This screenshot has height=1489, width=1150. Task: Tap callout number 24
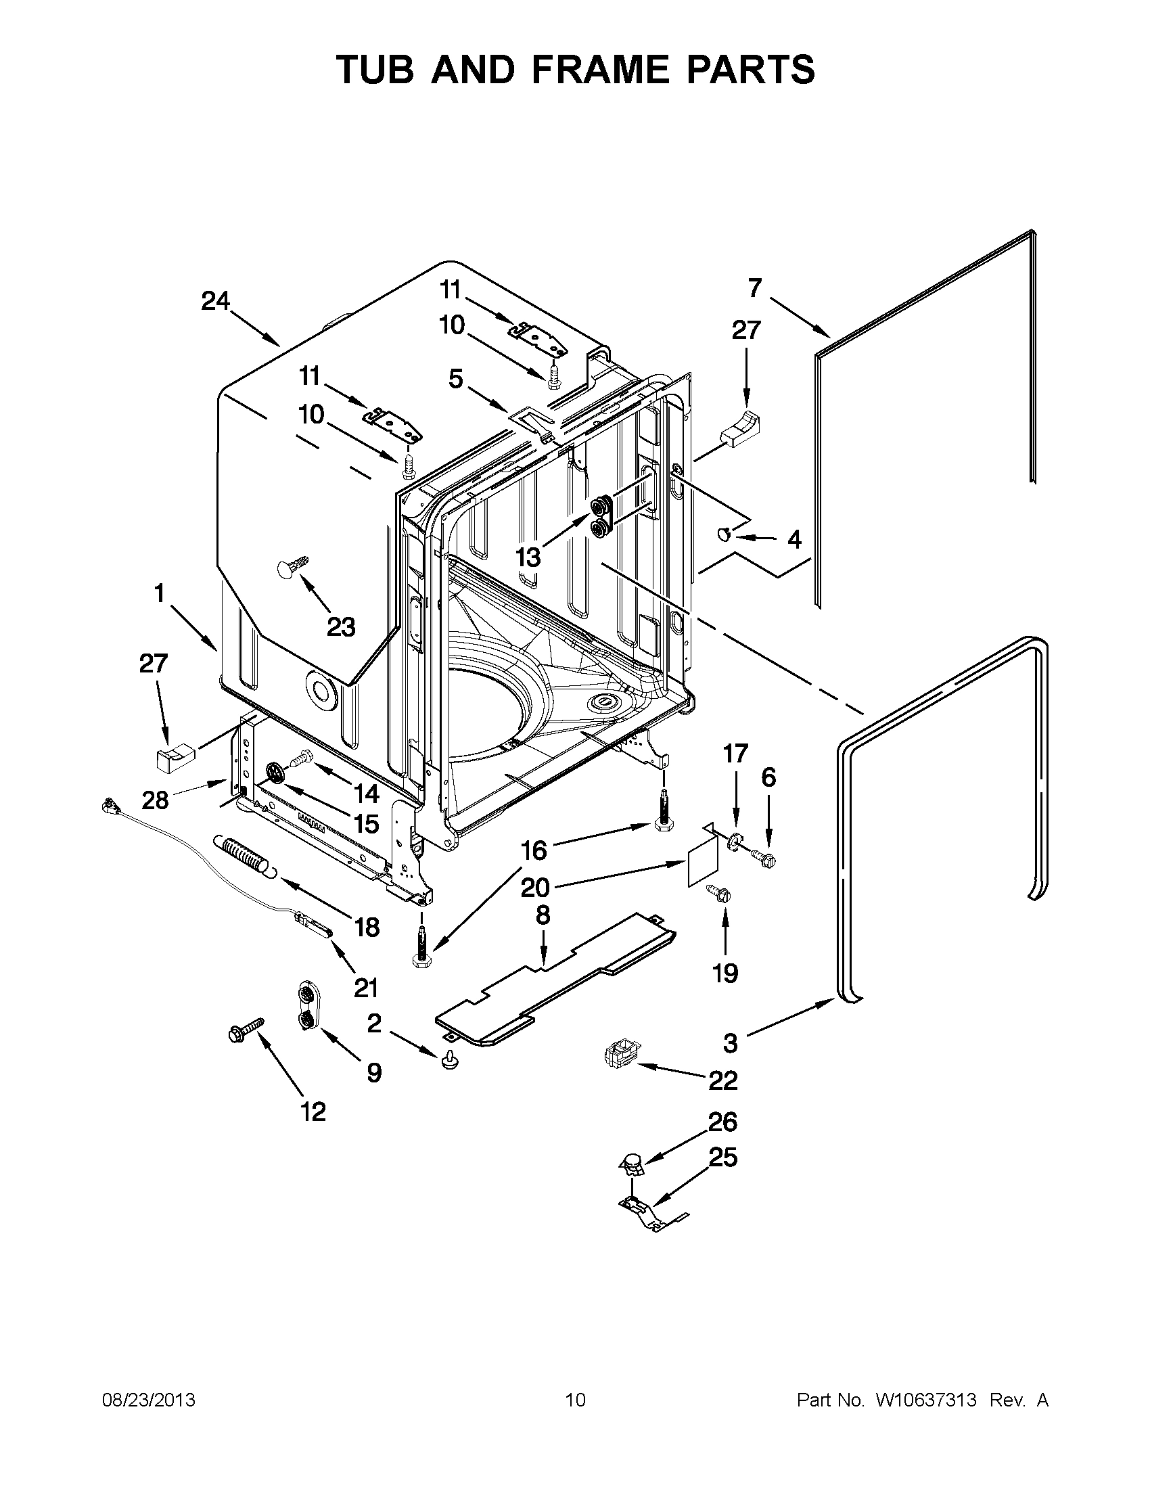[214, 300]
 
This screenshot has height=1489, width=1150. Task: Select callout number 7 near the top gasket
[754, 288]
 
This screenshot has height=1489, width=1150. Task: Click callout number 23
[341, 626]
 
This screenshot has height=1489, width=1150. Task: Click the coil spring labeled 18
[244, 854]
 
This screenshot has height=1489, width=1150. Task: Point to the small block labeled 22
[619, 1057]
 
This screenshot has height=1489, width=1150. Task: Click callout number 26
[722, 1122]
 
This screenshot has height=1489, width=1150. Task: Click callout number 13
[528, 557]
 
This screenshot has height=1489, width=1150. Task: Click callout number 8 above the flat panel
[543, 915]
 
